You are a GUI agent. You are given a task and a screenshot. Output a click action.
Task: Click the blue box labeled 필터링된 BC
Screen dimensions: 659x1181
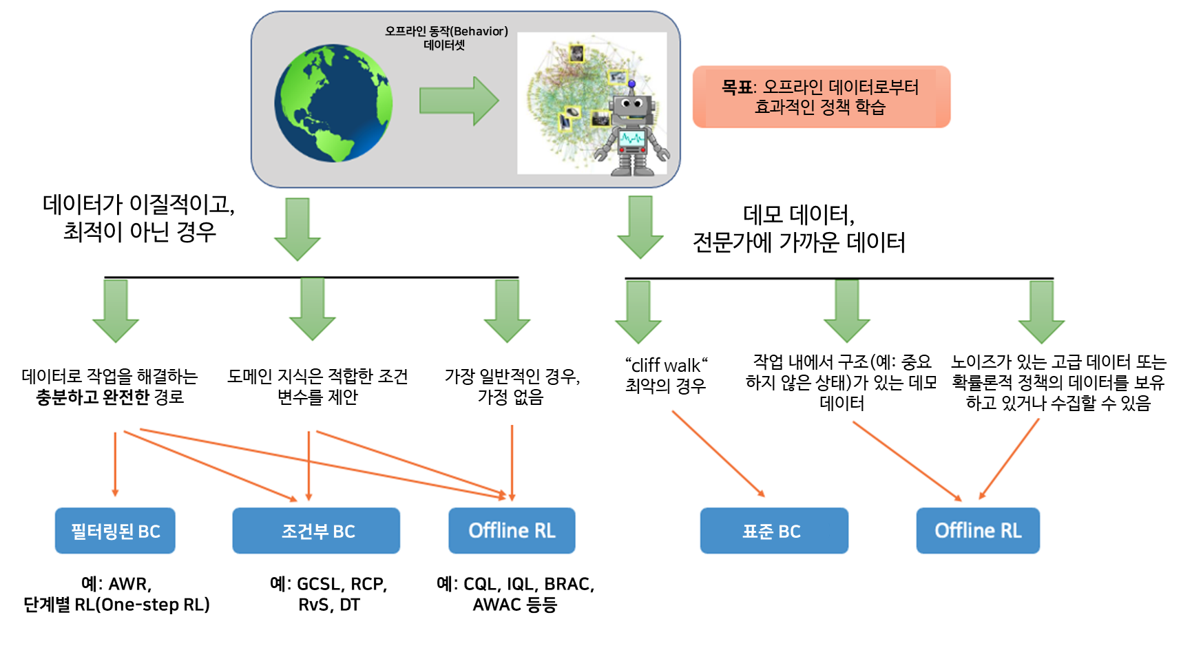point(115,531)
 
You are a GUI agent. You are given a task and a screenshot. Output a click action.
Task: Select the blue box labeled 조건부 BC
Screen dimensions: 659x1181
point(316,531)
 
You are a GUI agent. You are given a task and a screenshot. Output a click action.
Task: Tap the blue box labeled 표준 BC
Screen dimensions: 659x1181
point(774,531)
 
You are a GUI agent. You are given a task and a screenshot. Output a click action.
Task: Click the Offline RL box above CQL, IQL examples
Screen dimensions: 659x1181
point(512,531)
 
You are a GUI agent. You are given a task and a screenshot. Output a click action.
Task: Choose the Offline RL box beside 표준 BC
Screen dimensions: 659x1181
point(978,531)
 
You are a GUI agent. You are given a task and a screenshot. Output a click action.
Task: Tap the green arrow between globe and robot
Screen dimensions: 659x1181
point(459,101)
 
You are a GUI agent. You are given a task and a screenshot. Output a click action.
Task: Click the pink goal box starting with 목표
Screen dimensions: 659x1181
point(821,97)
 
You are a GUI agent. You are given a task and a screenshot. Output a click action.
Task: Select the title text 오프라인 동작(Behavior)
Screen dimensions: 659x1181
point(446,32)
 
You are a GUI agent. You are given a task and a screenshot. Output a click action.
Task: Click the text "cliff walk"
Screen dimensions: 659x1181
point(666,365)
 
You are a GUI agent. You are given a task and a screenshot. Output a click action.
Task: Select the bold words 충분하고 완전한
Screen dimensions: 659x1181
point(92,397)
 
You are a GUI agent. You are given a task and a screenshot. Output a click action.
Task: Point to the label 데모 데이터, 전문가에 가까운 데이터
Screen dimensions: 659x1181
point(799,229)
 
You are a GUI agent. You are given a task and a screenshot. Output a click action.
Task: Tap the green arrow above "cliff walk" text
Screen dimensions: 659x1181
point(638,311)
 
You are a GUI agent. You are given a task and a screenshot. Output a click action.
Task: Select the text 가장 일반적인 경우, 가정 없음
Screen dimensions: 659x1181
point(512,386)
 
